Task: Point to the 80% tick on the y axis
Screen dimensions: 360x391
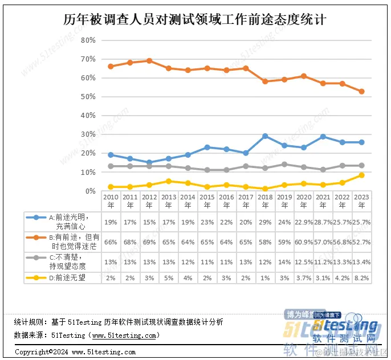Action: coord(88,40)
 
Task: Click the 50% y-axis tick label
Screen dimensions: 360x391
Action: coord(88,97)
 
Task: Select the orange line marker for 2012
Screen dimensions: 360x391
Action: coord(149,60)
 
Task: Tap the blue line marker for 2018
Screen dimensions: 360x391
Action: coord(265,136)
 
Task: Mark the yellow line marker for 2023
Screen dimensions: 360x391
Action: coord(361,175)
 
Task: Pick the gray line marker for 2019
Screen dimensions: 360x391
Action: coord(284,165)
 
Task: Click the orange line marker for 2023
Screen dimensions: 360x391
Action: coord(361,92)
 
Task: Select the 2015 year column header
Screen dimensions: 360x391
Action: coord(207,201)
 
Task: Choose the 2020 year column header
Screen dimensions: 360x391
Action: coord(304,201)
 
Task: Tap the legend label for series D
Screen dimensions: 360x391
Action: coord(66,277)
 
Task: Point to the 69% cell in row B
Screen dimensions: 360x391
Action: coord(149,242)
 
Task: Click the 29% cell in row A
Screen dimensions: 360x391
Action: coord(265,221)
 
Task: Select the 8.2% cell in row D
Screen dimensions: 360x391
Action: coord(361,277)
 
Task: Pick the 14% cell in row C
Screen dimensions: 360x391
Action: coord(284,261)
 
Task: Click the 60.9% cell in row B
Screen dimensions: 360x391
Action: coord(304,242)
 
